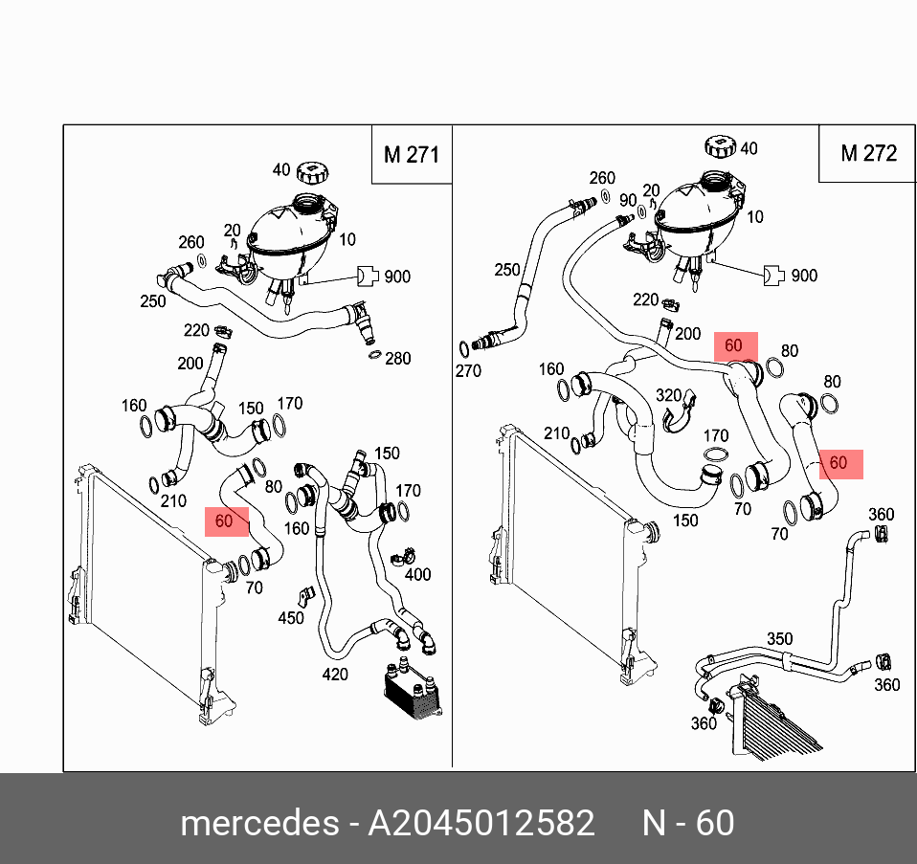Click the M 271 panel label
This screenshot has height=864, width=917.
click(x=411, y=154)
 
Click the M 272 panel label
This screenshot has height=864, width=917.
click(x=868, y=153)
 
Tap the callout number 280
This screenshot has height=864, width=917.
click(x=397, y=359)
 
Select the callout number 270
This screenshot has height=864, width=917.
click(x=468, y=371)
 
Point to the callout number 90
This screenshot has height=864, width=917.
click(x=628, y=201)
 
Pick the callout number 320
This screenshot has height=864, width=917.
click(x=668, y=394)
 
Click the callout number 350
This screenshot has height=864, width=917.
click(x=780, y=638)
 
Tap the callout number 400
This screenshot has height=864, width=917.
click(x=417, y=575)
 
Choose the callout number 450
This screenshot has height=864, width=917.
click(x=290, y=618)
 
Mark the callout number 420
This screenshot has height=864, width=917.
click(x=334, y=675)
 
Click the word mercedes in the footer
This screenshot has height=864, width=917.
click(x=257, y=824)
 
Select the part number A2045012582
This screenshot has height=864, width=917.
click(x=481, y=824)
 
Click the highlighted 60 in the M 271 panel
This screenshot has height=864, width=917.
click(x=224, y=521)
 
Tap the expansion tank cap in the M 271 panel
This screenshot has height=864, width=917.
click(x=312, y=172)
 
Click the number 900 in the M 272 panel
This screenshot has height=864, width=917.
click(x=804, y=276)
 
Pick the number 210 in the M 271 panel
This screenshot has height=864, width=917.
click(x=173, y=501)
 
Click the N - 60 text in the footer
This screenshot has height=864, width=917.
click(x=687, y=824)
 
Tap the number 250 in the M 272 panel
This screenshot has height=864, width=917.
click(x=507, y=271)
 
